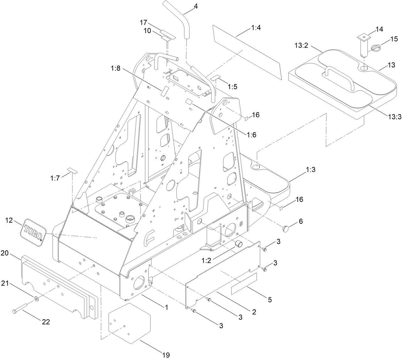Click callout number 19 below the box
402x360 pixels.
pyautogui.click(x=166, y=355)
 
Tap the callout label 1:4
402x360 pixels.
pyautogui.click(x=256, y=27)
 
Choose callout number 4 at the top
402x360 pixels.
pyautogui.click(x=195, y=5)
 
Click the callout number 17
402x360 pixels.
pyautogui.click(x=143, y=22)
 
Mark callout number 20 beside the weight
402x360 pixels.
pyautogui.click(x=4, y=253)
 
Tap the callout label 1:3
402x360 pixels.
pyautogui.click(x=310, y=170)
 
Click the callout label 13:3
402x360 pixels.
pyautogui.click(x=394, y=117)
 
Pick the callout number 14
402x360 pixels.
pyautogui.click(x=379, y=29)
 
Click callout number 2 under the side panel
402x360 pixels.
pyautogui.click(x=254, y=312)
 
